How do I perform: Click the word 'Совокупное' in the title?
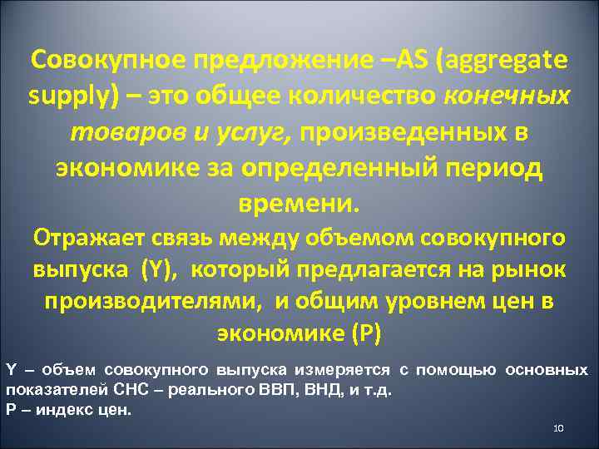(x=107, y=61)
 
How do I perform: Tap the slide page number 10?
(x=558, y=428)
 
